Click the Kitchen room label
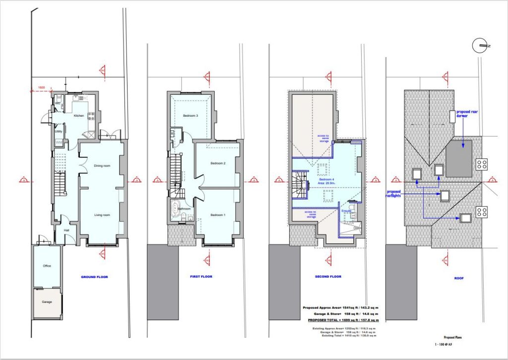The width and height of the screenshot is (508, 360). pyautogui.click(x=79, y=116)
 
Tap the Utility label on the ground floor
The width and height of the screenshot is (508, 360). pyautogui.click(x=59, y=132)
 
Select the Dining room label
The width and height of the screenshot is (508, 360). pyautogui.click(x=102, y=165)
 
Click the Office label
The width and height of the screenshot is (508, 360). pyautogui.click(x=47, y=266)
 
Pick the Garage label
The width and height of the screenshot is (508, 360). pyautogui.click(x=46, y=301)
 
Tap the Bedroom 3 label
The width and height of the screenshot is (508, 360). pyautogui.click(x=190, y=116)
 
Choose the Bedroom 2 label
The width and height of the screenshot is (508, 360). pyautogui.click(x=218, y=163)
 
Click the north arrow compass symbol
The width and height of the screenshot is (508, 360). pyautogui.click(x=481, y=45)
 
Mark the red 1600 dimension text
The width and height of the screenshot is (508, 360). pyautogui.click(x=42, y=87)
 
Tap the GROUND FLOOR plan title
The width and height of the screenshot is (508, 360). pyautogui.click(x=94, y=277)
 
